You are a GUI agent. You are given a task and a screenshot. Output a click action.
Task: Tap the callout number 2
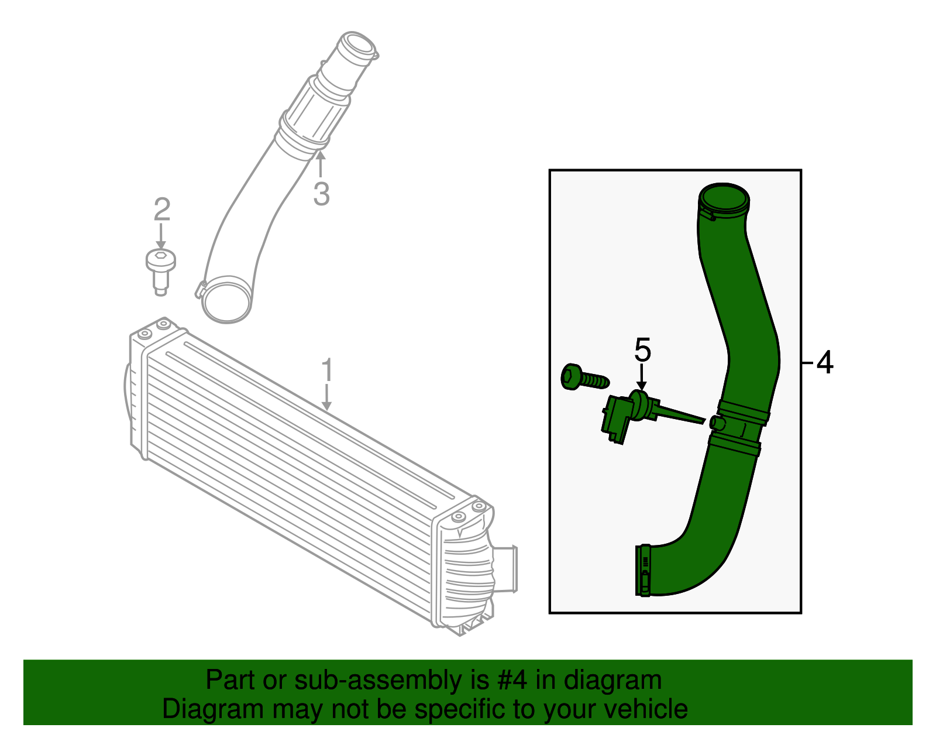click(x=161, y=209)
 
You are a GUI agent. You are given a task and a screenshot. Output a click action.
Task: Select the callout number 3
click(x=321, y=194)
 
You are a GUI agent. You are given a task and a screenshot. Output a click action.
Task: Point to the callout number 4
click(x=824, y=363)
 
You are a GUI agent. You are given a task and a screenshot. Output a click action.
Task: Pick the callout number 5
click(x=642, y=350)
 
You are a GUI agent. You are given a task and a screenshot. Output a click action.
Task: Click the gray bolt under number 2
click(x=160, y=269)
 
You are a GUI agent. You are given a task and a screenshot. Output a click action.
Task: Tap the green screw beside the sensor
click(x=583, y=378)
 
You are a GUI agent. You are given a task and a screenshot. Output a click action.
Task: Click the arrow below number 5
click(x=642, y=377)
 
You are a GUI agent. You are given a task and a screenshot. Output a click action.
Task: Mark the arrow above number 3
click(x=320, y=164)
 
